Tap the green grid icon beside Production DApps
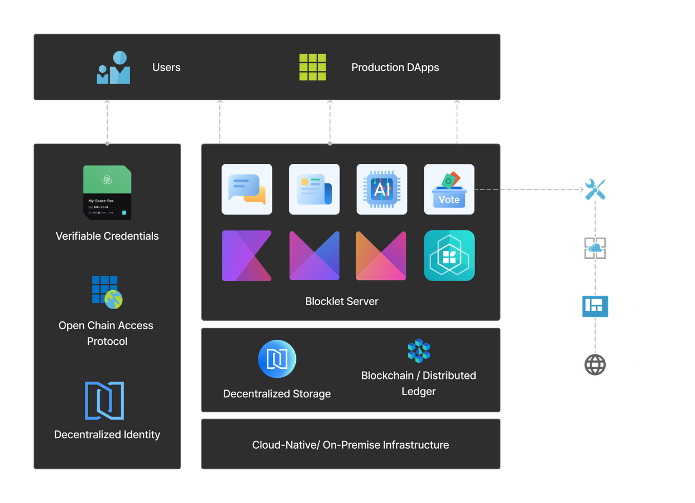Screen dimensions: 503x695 tap(313, 68)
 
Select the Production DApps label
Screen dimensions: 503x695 tap(395, 68)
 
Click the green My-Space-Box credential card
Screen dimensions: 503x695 tap(107, 192)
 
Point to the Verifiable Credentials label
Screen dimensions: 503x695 tap(107, 236)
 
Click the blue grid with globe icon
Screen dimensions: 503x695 tap(107, 292)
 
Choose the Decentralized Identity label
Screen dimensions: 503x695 tap(107, 434)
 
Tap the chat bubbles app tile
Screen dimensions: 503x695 tap(247, 189)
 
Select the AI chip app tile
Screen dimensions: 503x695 tap(382, 189)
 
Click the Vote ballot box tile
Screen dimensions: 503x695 tap(449, 189)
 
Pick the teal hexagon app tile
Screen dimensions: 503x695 tap(449, 255)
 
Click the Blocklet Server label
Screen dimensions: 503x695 tap(342, 301)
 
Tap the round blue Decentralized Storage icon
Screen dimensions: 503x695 tap(277, 359)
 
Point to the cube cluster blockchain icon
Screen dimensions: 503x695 tap(419, 351)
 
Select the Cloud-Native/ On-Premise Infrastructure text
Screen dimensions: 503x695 tap(351, 445)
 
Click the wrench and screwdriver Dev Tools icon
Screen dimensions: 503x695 tap(595, 190)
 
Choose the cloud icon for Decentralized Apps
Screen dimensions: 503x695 tap(595, 248)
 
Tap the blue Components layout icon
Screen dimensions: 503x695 tap(595, 306)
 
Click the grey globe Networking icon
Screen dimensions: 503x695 tap(595, 365)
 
